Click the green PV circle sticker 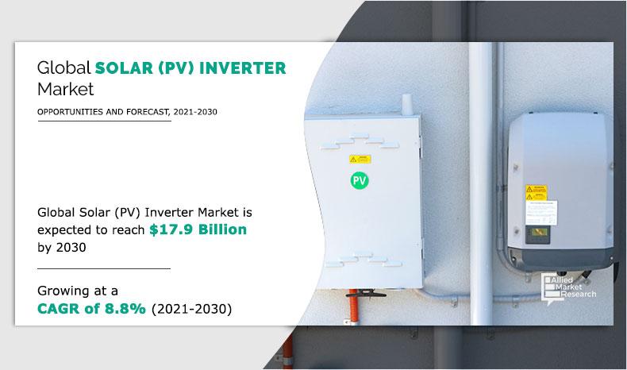(x=360, y=180)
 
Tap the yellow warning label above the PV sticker (x=360, y=159)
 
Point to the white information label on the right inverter (x=533, y=213)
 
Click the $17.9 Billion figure (x=202, y=229)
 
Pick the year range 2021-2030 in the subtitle (x=191, y=112)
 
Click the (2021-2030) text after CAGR (x=190, y=308)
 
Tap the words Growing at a (x=77, y=290)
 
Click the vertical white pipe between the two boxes (x=480, y=159)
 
